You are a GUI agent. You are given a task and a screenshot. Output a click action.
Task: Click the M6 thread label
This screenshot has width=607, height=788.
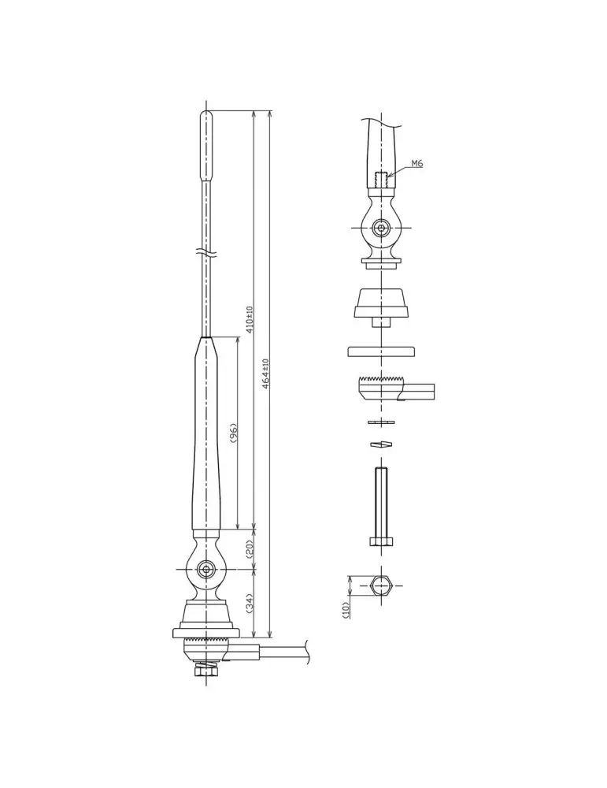point(416,163)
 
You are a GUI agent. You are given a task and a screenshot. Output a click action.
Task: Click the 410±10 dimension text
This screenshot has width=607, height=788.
point(250,320)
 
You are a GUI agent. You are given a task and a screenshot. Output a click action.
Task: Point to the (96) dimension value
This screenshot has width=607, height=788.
point(233,433)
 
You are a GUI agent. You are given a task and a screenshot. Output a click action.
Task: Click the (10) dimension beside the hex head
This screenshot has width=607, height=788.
point(346,610)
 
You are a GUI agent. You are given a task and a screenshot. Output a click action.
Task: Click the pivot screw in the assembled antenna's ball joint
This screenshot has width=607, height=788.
point(205,569)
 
